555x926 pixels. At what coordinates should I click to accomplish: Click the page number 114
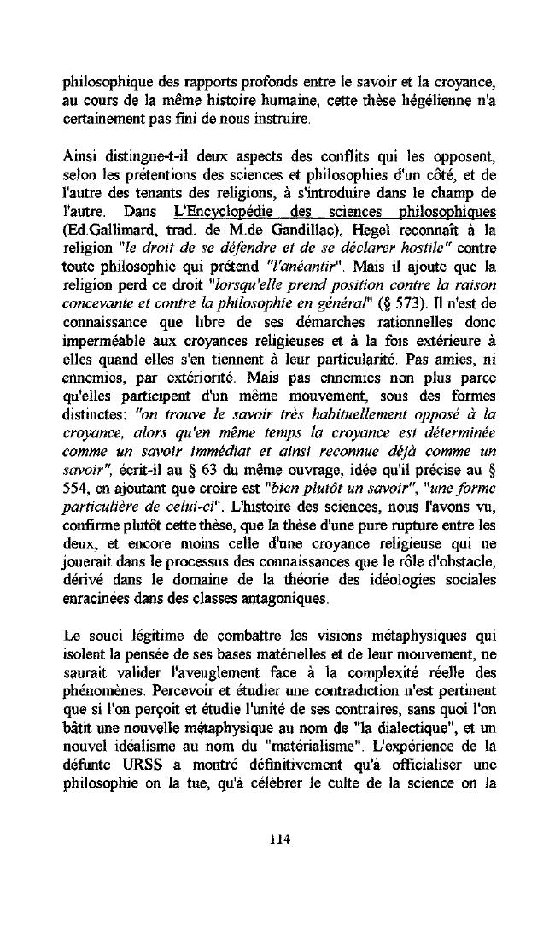point(277,839)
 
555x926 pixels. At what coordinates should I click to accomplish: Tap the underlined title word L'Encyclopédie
point(218,211)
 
